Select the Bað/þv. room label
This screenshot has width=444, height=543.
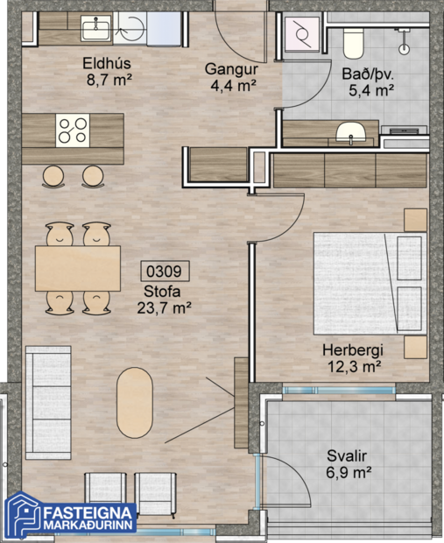click(368, 81)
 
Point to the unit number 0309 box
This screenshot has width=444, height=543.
click(163, 271)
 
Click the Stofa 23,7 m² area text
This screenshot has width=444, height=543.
click(164, 299)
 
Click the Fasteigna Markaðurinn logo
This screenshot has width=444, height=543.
click(70, 517)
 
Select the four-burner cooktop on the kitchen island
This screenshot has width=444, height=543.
click(72, 130)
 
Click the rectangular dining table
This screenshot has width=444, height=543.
click(77, 268)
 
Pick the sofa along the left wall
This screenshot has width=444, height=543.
click(40, 402)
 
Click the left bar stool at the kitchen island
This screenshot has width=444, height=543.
click(54, 176)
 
